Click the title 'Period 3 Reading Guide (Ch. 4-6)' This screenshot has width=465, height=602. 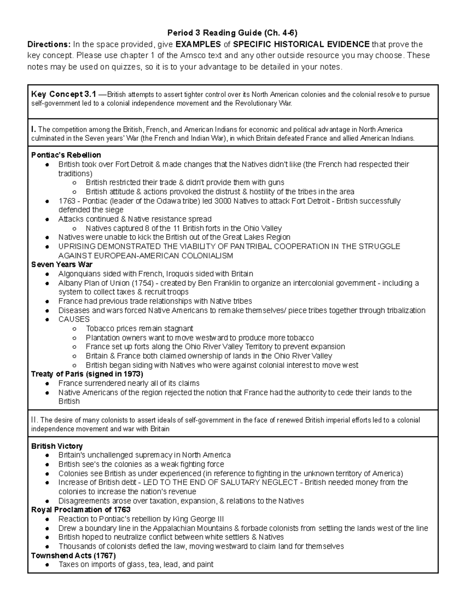pos(232,32)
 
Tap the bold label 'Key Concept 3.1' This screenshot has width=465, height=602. pos(63,94)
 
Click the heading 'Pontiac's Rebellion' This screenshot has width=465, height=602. pos(66,155)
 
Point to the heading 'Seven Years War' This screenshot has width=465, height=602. pos(62,264)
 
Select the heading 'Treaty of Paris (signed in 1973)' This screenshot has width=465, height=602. pos(87,374)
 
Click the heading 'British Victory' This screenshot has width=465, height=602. pos(57,446)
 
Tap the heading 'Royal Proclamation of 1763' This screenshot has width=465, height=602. pos(81,509)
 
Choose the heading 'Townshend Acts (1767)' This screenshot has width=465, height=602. pos(73,555)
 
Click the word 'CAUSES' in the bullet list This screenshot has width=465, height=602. pos(74,319)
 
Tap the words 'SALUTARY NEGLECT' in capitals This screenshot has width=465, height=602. pos(261,482)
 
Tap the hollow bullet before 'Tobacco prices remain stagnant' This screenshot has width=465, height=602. pos(74,329)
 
